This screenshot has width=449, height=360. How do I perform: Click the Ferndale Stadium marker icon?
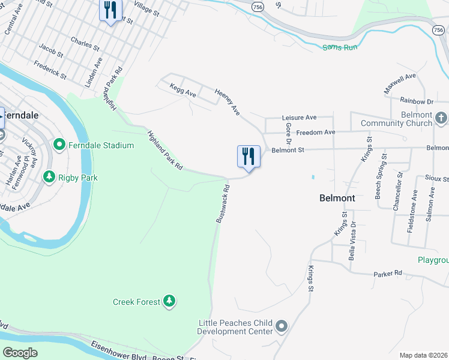tap(59, 145)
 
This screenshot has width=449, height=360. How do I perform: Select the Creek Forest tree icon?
tap(170, 301)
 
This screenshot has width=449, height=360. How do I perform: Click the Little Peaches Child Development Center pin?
tap(282, 327)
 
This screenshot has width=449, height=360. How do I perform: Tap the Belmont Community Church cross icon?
tap(441, 118)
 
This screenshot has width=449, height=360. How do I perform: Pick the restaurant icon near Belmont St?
tap(249, 157)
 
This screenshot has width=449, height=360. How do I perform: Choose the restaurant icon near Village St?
tap(110, 10)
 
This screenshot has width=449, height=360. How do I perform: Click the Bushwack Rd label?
tap(223, 204)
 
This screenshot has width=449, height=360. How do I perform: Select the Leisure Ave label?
tap(299, 118)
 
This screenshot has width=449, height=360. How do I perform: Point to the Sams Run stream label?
tap(340, 47)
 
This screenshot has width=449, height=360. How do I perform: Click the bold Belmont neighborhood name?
tap(337, 198)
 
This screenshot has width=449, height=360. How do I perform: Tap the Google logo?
tap(20, 352)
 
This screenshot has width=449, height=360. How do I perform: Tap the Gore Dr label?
tap(288, 134)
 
